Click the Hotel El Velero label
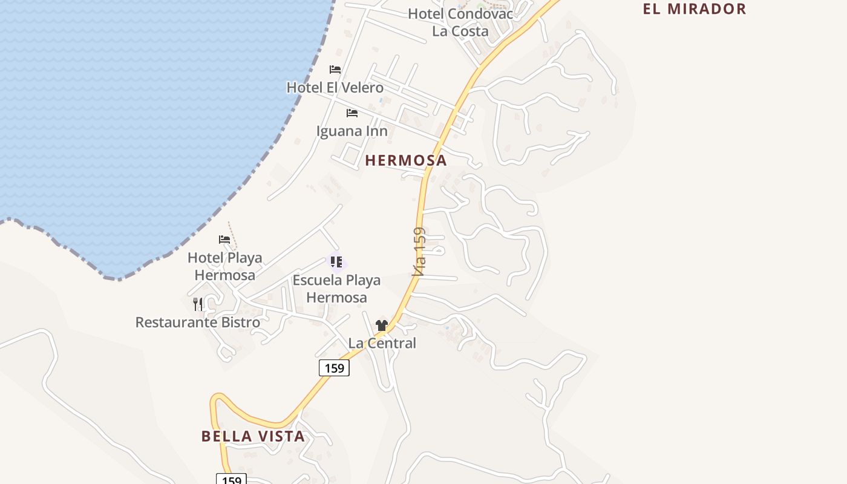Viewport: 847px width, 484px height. [x=335, y=87]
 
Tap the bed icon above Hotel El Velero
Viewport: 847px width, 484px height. [x=335, y=70]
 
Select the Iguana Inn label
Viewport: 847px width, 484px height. [x=352, y=131]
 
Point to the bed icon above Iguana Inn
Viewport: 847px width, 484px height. [x=352, y=113]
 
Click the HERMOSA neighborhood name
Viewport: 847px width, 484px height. [x=406, y=160]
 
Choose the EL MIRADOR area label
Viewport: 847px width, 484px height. [x=694, y=9]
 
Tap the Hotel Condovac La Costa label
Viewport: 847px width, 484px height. [x=460, y=22]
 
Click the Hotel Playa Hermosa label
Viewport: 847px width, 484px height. [x=225, y=266]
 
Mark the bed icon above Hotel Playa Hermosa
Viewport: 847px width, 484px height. [x=224, y=240]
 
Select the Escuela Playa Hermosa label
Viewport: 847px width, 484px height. [x=336, y=289]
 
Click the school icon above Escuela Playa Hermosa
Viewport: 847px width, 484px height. [x=336, y=262]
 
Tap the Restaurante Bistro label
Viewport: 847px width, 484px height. [x=198, y=322]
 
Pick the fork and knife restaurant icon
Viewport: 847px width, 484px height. [x=198, y=304]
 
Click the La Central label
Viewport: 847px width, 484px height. [x=382, y=343]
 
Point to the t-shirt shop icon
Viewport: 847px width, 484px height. [x=381, y=325]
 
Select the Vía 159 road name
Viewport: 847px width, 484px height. [x=419, y=252]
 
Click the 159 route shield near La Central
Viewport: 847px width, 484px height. [x=334, y=367]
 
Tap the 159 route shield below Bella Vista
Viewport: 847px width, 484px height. [x=231, y=480]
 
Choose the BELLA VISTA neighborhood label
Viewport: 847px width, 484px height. [x=253, y=436]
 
